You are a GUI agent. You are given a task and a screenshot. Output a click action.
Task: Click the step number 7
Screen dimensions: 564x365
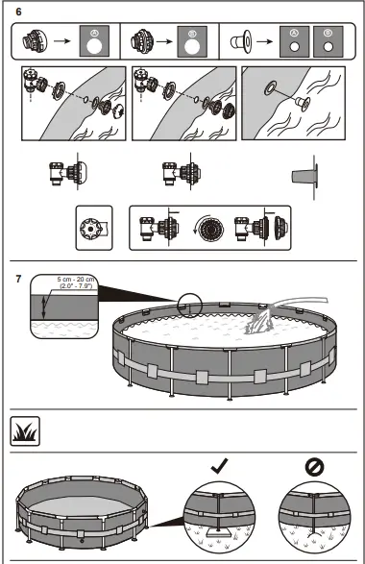click(x=21, y=281)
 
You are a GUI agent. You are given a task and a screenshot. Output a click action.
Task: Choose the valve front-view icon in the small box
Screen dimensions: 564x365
click(x=92, y=229)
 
